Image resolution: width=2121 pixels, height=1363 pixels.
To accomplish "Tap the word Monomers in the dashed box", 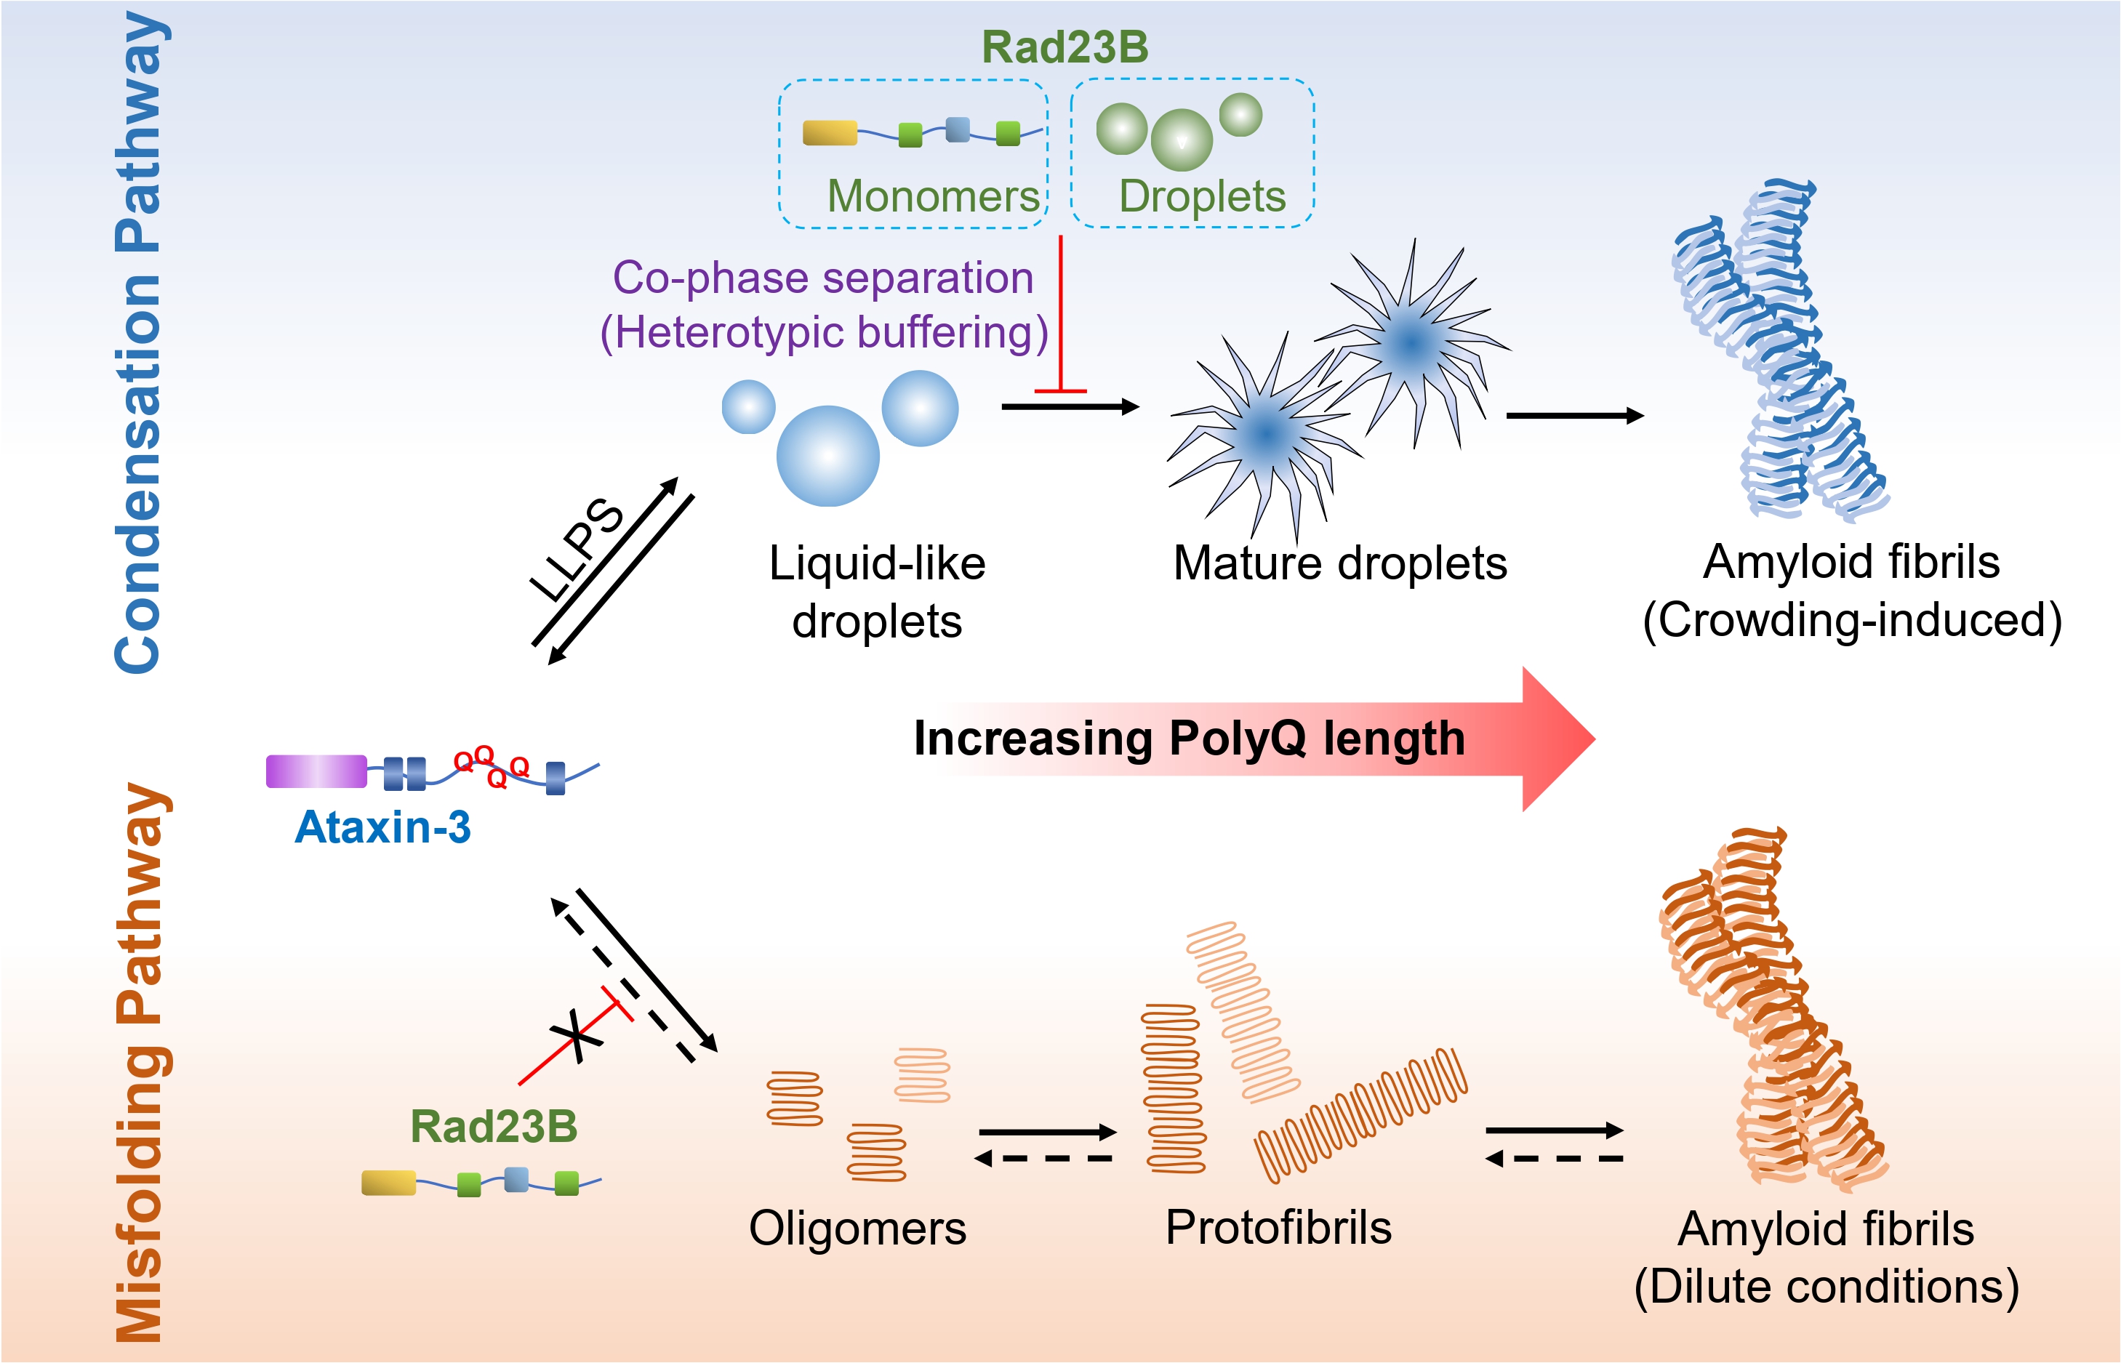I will [x=933, y=196].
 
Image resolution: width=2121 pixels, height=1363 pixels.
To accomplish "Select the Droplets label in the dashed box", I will [x=1201, y=196].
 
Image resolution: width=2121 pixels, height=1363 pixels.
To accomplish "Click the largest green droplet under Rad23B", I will [x=1181, y=140].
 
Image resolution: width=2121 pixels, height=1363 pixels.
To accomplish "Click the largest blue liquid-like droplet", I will [x=827, y=456].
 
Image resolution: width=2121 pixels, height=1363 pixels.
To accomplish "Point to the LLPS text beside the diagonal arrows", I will [x=577, y=550].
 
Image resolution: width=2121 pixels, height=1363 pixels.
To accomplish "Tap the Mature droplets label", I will [x=1339, y=563].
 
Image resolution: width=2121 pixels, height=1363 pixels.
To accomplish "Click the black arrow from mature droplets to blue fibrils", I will [x=1574, y=415].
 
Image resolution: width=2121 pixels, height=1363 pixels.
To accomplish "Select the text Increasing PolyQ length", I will [x=1189, y=738].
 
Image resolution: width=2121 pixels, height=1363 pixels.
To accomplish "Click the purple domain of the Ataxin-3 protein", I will [x=316, y=771].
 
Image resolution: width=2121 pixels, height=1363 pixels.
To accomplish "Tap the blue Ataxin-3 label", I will [x=382, y=827].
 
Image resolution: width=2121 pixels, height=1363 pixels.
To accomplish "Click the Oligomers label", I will [x=857, y=1229].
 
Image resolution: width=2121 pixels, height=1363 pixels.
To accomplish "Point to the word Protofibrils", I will [x=1278, y=1228].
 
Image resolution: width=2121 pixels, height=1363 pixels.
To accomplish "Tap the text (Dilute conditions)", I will [x=1827, y=1286].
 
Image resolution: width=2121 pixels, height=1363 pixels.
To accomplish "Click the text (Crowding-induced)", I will [x=1852, y=619].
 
